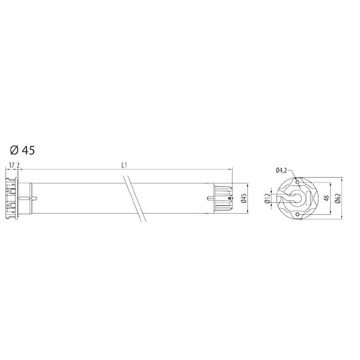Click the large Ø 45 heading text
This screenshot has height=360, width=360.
[23, 150]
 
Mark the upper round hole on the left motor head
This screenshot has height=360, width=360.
[9, 191]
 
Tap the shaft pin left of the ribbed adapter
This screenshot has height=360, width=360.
[210, 198]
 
